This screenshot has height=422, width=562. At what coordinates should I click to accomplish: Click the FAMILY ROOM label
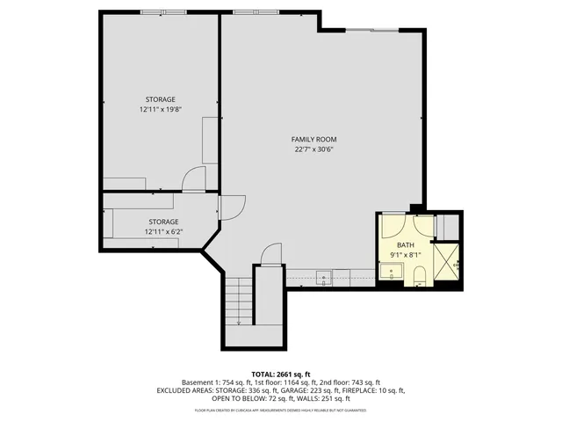314,139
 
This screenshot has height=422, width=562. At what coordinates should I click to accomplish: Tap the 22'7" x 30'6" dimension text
314,149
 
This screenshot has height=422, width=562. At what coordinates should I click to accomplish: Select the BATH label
405,245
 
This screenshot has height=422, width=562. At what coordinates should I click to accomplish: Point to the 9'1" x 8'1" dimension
405,255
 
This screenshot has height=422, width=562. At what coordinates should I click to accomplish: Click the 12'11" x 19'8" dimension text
160,109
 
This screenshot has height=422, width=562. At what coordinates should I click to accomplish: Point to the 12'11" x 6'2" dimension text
163,231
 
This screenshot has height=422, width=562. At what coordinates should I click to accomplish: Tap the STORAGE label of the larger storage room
160,98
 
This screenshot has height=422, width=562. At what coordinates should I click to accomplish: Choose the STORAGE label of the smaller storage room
163,222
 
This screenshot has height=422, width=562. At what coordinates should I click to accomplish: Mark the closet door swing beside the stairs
272,254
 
